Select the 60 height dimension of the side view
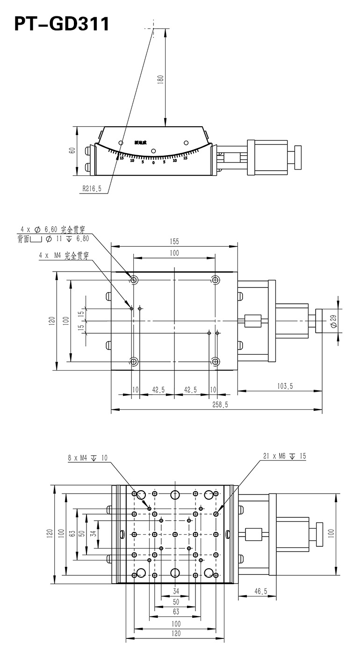[x=72, y=150]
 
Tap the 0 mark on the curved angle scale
[x=153, y=163]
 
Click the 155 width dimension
[x=174, y=241]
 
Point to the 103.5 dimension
[x=284, y=386]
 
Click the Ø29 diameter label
[x=333, y=321]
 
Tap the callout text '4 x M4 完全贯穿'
[x=64, y=256]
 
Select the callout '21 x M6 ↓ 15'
[x=284, y=456]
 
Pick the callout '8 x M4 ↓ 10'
[x=87, y=458]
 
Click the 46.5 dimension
[x=260, y=591]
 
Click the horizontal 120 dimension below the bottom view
[x=176, y=633]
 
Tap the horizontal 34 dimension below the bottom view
[x=176, y=591]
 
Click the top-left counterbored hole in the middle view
[x=134, y=280]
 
